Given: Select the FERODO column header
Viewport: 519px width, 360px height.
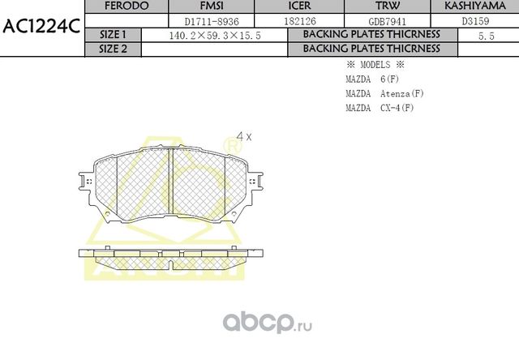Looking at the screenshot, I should (127, 6).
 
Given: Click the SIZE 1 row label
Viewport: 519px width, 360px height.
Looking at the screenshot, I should (113, 35).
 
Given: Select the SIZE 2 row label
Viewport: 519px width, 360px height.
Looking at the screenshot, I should (113, 49).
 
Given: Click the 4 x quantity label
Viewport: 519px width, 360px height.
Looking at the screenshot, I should (243, 137).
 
